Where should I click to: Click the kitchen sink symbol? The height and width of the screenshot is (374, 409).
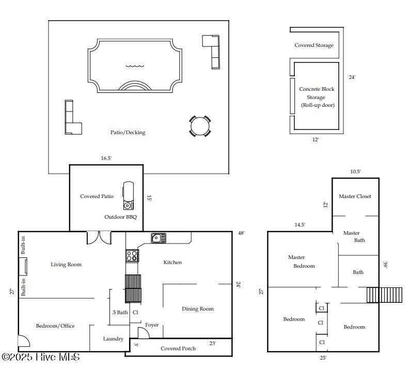pos(159,238)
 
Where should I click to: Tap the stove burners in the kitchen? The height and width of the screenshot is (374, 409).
pos(132,256)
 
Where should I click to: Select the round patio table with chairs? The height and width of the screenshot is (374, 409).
pos(200,126)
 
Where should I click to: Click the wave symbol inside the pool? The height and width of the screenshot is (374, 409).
pos(135,66)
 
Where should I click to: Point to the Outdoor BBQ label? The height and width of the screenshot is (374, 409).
pos(120,217)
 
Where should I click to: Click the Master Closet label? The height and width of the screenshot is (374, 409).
pos(355,196)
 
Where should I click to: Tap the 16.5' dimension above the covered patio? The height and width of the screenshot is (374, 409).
pos(106,158)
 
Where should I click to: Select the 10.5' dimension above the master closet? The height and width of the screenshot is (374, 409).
pos(355,171)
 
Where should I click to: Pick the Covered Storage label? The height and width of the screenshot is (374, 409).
pos(314,45)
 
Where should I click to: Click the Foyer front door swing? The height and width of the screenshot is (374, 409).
pos(143,333)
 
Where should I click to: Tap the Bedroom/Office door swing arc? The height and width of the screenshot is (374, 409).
pos(24,341)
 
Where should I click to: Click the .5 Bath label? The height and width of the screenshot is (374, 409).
pos(120,312)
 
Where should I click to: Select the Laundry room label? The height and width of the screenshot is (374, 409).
pos(113,339)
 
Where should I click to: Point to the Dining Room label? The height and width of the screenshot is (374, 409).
pos(197,309)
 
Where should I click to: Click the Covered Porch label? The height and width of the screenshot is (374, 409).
pos(178,348)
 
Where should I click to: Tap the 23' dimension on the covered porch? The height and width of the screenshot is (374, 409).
pos(213,343)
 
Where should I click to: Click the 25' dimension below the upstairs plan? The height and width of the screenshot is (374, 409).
pos(323,358)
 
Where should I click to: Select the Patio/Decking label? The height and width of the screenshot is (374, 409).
pos(128,133)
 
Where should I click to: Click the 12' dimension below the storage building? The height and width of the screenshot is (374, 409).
pos(316,139)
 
